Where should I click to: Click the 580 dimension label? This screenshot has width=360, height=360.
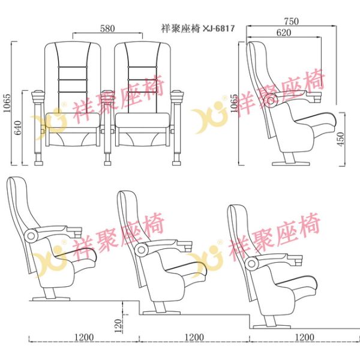point(108,28)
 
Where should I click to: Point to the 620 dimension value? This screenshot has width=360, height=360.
point(284,33)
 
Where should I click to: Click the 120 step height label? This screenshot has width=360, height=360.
point(118,325)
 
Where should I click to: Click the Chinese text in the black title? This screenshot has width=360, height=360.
point(181,28)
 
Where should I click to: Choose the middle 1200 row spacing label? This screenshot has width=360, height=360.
point(193,338)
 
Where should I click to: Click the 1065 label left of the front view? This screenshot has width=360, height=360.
point(7,106)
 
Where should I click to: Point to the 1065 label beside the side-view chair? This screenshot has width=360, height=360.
point(233,106)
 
